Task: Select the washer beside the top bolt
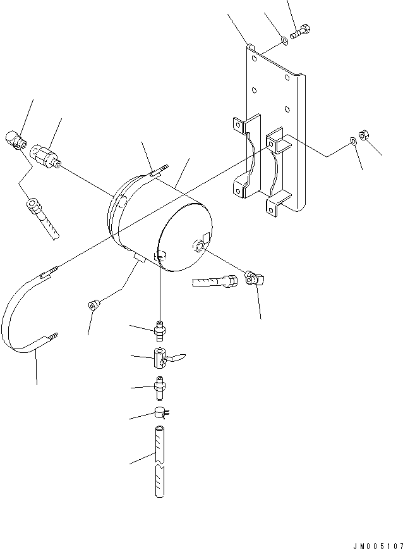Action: point(284,41)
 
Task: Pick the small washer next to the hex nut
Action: point(352,142)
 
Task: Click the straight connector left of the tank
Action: point(47,156)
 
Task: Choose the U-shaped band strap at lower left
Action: point(25,316)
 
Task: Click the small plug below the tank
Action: point(93,306)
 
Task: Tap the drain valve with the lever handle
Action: point(163,361)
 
